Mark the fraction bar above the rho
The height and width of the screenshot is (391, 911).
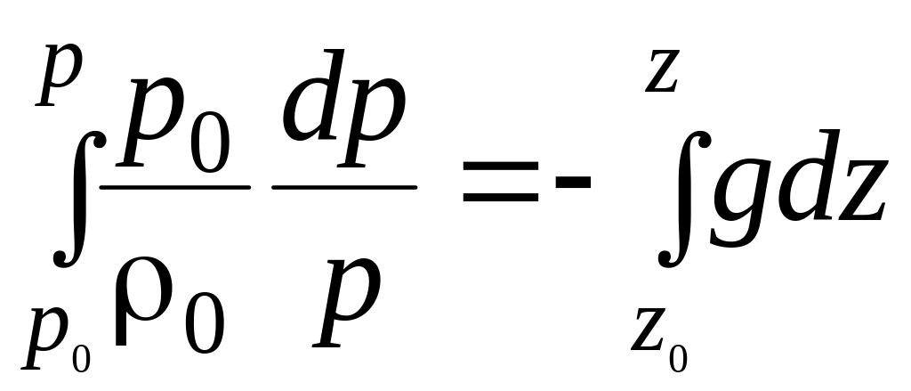[x=174, y=187]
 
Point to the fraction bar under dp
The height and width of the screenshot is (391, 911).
[x=343, y=187]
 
